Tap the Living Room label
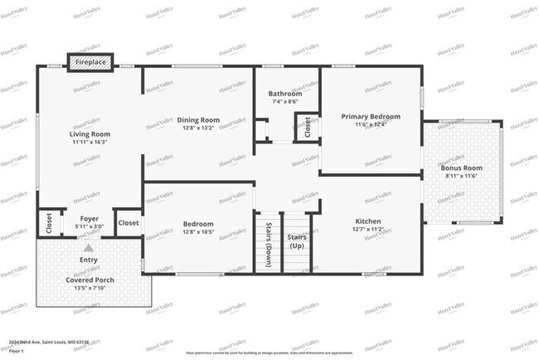pos(90,134)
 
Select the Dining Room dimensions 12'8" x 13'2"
pos(199,128)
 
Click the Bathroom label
pos(285,94)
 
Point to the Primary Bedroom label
pos(371,116)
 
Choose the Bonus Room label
pos(462,168)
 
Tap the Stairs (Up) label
pos(296,241)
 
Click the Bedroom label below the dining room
pos(199,224)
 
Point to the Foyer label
pos(90,219)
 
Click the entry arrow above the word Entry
pos(89,247)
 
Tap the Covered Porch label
pos(88,280)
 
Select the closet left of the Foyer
pos(49,223)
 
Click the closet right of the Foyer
pos(129,222)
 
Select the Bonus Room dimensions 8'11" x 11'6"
pos(462,176)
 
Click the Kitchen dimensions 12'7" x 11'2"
pos(368,229)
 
